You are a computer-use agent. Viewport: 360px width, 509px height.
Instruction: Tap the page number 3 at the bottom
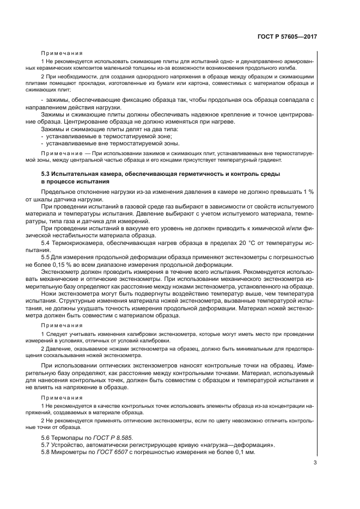tap(315, 463)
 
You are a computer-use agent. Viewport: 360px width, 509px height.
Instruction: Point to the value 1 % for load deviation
tap(309, 192)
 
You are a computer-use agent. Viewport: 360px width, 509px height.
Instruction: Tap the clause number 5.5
tap(46, 257)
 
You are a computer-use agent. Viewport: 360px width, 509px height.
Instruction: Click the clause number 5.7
tap(46, 445)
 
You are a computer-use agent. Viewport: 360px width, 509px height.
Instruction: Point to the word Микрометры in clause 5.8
tap(72, 452)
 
